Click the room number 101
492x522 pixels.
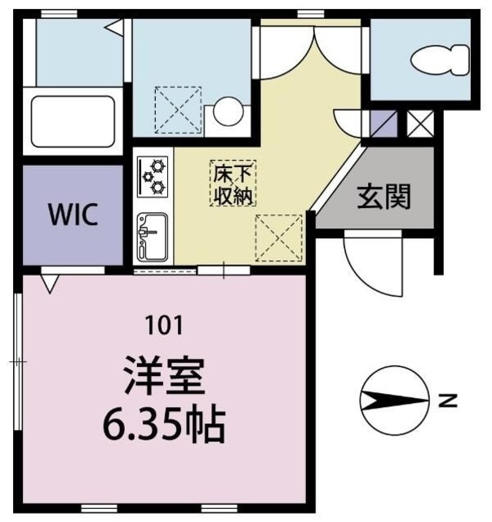pos(162,325)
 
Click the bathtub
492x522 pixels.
pos(73,121)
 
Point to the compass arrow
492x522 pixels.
pos(393,400)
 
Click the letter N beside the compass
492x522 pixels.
pos(446,400)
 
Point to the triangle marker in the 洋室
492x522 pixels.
pos(50,282)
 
